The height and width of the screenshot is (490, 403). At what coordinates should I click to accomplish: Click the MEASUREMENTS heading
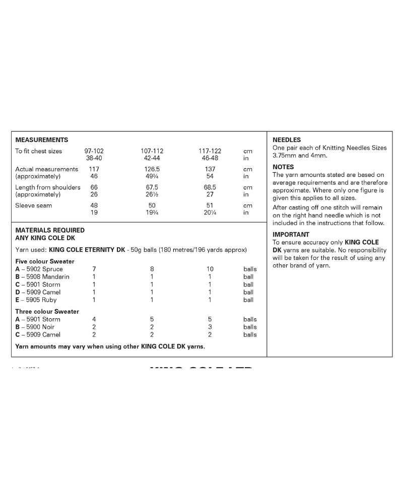click(42, 139)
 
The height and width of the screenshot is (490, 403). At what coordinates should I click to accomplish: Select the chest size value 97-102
click(94, 151)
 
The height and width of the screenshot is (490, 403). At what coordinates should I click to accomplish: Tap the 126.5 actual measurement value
click(152, 169)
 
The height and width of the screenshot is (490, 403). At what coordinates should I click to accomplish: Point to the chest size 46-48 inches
click(210, 158)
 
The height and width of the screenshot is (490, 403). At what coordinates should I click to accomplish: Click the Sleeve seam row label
click(34, 205)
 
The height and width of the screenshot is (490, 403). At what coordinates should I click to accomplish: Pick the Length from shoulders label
click(48, 187)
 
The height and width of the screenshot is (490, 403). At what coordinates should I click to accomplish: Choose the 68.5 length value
click(210, 187)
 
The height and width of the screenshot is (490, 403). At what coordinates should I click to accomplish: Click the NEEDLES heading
click(287, 140)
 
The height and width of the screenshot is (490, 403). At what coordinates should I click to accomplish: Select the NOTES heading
click(283, 167)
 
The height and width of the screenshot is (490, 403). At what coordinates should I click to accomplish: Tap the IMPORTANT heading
click(291, 234)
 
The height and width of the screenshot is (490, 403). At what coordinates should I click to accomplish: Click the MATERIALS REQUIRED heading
click(50, 230)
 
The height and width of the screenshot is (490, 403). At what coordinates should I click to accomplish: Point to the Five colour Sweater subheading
click(45, 261)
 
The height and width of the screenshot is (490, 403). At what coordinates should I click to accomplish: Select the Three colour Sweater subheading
click(47, 311)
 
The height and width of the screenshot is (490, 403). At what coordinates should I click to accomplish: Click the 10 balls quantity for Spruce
click(210, 269)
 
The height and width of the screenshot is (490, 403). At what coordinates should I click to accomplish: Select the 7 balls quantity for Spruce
click(94, 269)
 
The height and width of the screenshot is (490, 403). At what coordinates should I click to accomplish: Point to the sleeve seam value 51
click(210, 205)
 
